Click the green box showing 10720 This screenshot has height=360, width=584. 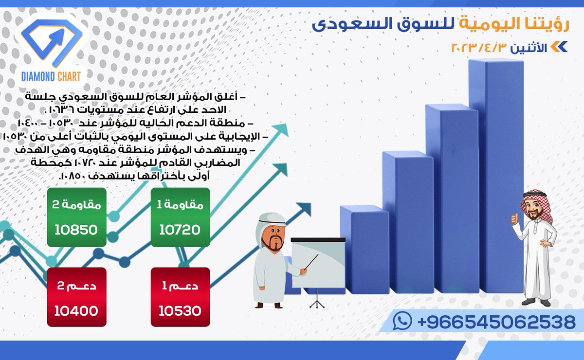pyautogui.click(x=180, y=217)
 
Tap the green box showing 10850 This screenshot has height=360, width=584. pyautogui.click(x=76, y=217)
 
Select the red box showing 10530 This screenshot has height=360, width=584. pyautogui.click(x=180, y=297)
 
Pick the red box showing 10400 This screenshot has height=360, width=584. pyautogui.click(x=76, y=297)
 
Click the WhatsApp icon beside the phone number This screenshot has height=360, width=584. pyautogui.click(x=402, y=322)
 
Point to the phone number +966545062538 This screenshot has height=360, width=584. pyautogui.click(x=496, y=322)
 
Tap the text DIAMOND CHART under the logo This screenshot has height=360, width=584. pyautogui.click(x=51, y=76)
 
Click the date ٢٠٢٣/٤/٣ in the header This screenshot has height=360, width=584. pyautogui.click(x=480, y=48)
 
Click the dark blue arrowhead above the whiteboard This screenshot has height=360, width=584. pyautogui.click(x=305, y=209)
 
